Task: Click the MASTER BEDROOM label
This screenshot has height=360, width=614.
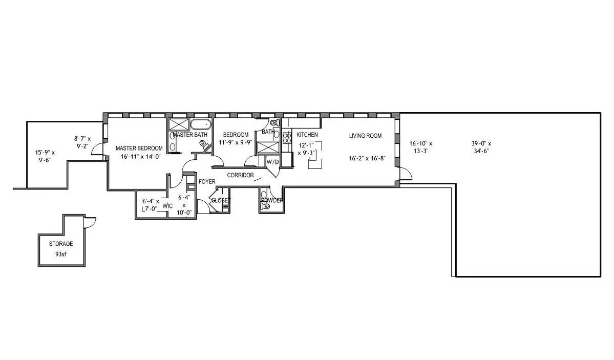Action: click(x=139, y=148)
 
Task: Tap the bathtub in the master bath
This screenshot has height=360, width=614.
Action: click(x=201, y=125)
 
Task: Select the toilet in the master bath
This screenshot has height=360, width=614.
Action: click(x=205, y=145)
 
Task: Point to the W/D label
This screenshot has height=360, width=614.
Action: click(x=272, y=162)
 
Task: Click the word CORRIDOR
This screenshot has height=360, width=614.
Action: click(x=241, y=175)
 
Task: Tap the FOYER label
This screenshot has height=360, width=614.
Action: click(x=207, y=182)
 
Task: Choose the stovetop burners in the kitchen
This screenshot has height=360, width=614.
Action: click(x=287, y=137)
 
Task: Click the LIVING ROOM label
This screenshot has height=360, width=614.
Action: click(x=365, y=136)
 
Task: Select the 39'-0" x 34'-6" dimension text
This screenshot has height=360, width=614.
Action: click(x=481, y=147)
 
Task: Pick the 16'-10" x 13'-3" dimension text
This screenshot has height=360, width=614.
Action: click(x=421, y=147)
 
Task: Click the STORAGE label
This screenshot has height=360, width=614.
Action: click(x=61, y=244)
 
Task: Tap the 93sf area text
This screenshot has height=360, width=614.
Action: click(x=61, y=254)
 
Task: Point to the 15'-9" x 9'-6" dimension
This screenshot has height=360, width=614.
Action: click(x=45, y=156)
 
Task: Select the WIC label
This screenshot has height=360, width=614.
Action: click(x=167, y=206)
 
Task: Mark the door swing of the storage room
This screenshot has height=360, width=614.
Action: click(x=91, y=223)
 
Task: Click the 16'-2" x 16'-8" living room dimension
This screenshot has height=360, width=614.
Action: click(x=367, y=158)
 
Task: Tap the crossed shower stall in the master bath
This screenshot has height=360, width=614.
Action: click(x=179, y=125)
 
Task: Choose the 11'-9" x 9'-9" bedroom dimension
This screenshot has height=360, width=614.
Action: click(x=236, y=142)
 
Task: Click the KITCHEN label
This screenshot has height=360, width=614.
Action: click(x=307, y=135)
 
